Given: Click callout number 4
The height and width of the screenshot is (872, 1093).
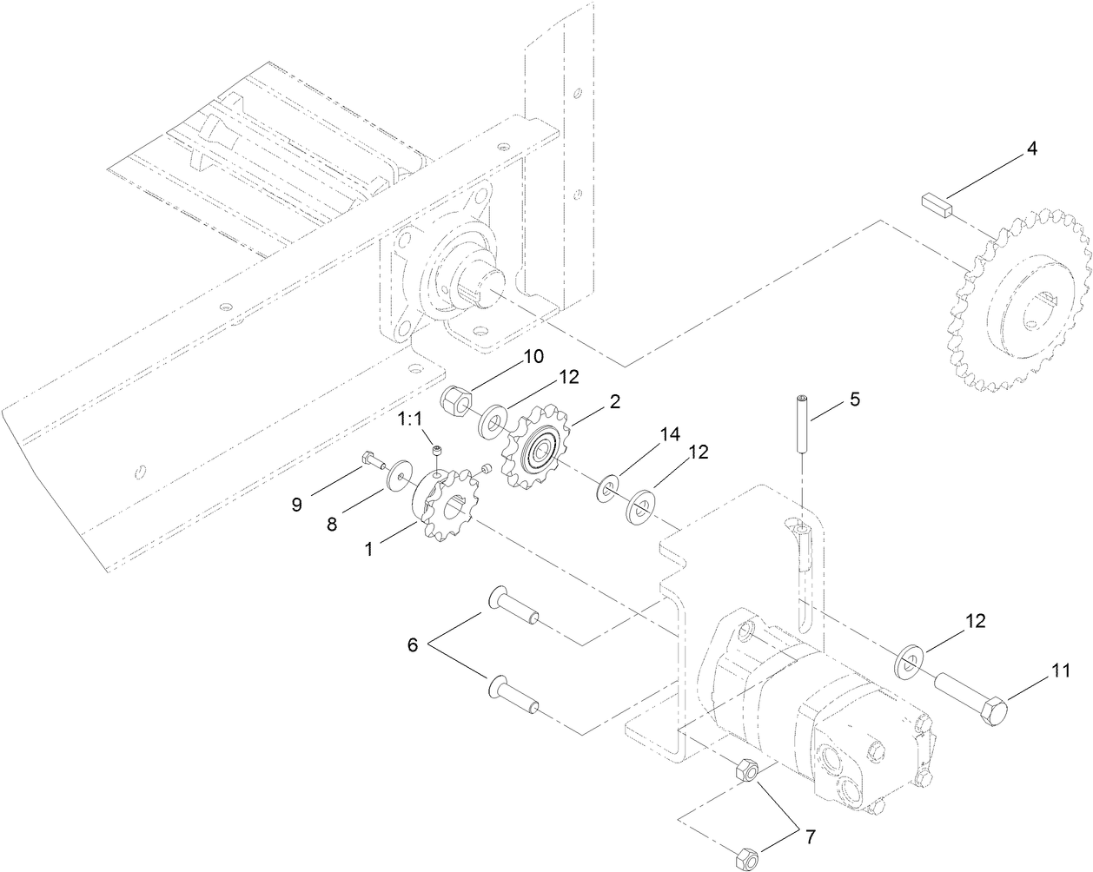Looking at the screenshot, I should [1031, 149].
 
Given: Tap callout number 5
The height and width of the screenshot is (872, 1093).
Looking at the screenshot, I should [855, 400].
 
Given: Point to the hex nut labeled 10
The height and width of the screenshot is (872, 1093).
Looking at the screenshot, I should [456, 401].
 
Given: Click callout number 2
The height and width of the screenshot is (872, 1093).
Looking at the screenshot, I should [614, 401].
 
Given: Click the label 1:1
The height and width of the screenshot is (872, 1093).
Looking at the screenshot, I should [410, 420].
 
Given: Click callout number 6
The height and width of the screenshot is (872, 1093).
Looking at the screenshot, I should [412, 644].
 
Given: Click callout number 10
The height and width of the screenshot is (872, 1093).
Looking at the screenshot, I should [532, 357].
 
